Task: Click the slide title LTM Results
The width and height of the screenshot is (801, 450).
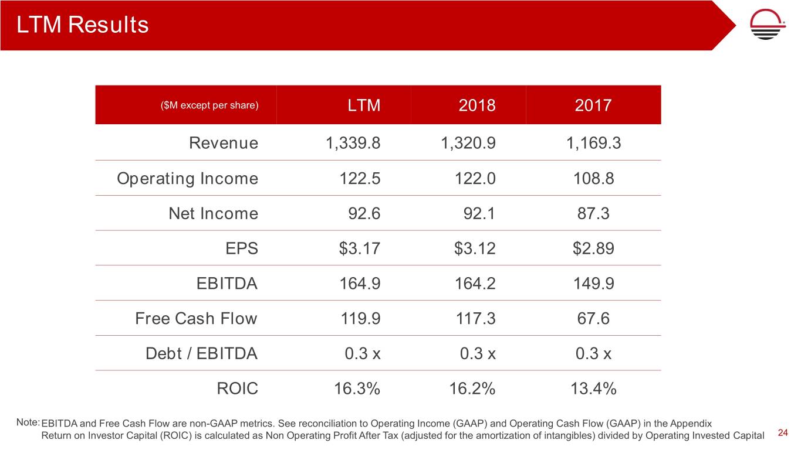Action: pos(83,25)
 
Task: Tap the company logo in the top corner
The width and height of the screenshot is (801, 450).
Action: pos(769,25)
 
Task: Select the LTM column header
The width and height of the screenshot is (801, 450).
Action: pos(364,105)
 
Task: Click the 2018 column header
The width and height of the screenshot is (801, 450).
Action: pos(476,105)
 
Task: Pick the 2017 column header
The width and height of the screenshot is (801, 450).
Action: pos(593,105)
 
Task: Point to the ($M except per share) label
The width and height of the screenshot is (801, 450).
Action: pos(209,105)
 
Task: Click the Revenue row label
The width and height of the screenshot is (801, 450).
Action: pos(223,144)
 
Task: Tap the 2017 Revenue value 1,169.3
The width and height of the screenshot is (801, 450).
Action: pos(590,144)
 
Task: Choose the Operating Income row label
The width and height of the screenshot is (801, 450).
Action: pos(187,179)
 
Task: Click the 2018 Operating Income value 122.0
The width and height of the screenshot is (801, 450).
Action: pos(475,179)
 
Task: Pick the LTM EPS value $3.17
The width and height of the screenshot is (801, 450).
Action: pos(359,249)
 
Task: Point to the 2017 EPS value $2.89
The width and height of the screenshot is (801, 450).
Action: pos(593,249)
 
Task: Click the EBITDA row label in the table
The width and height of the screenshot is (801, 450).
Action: pos(227,284)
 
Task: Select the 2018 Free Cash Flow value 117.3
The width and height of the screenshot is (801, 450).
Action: pos(475,319)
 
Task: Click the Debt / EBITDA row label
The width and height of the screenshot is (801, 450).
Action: pos(201,354)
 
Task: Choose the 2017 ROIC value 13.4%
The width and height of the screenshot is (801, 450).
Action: pos(593,388)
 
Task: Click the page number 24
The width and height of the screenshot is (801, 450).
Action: pos(782,433)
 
